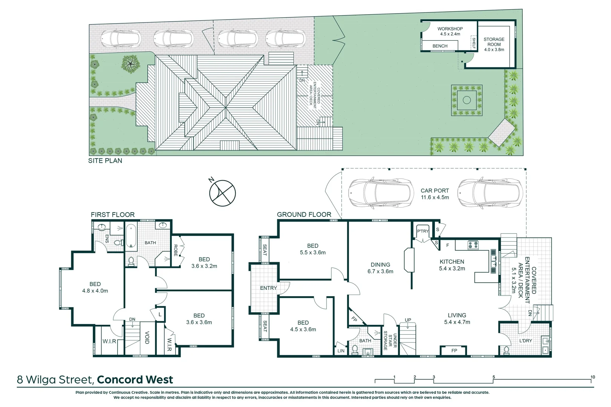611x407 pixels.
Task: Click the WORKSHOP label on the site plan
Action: (450, 29)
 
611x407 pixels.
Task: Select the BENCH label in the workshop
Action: (440, 46)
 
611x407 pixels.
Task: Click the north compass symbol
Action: (222, 193)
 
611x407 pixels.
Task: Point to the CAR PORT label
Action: (435, 191)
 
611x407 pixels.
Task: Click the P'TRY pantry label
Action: (422, 231)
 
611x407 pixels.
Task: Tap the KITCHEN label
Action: (452, 262)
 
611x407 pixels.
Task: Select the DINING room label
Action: (380, 265)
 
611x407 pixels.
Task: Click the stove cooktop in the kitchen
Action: (473, 245)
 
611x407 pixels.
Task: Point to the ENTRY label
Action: (269, 288)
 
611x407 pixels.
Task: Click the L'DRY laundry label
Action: (525, 341)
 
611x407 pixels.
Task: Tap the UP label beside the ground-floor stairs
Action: (408, 320)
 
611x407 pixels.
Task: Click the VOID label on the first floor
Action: (147, 337)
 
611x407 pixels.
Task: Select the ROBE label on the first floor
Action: (175, 250)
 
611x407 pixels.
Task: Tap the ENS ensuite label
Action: (107, 239)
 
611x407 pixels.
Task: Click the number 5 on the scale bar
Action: (494, 377)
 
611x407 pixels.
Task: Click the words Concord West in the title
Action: (135, 379)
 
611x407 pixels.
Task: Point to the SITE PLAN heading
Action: (105, 161)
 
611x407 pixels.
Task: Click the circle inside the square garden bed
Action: (467, 100)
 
